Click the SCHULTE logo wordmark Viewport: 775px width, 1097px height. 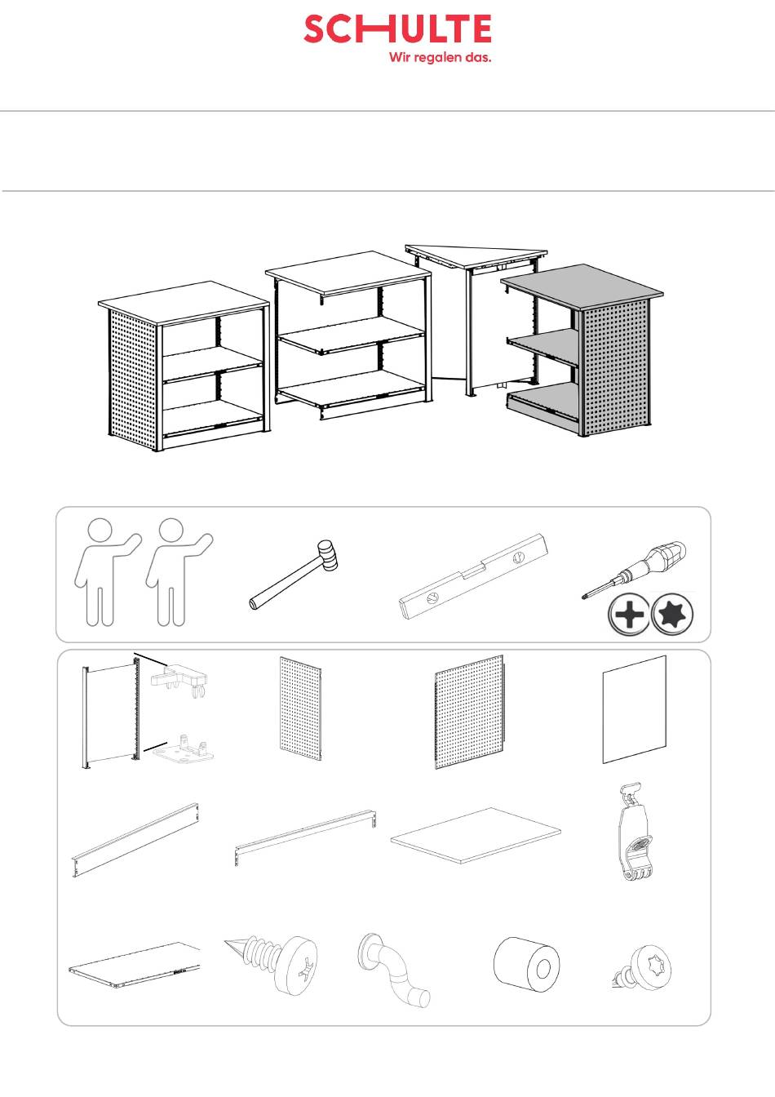click(397, 29)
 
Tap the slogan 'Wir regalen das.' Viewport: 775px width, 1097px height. click(441, 57)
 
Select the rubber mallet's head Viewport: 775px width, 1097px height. click(327, 555)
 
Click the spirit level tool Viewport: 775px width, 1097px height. click(473, 576)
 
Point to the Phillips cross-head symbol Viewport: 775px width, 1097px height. click(629, 614)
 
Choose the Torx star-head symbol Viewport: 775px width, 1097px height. click(673, 614)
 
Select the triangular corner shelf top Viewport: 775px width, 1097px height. click(476, 255)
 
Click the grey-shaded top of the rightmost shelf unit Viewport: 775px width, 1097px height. click(582, 286)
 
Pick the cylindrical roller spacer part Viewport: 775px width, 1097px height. click(527, 965)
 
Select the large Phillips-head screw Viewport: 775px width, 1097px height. click(273, 966)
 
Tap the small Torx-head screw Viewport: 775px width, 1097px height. click(642, 966)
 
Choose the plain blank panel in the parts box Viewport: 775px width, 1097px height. click(635, 709)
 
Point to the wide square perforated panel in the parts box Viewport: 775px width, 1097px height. click(469, 712)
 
